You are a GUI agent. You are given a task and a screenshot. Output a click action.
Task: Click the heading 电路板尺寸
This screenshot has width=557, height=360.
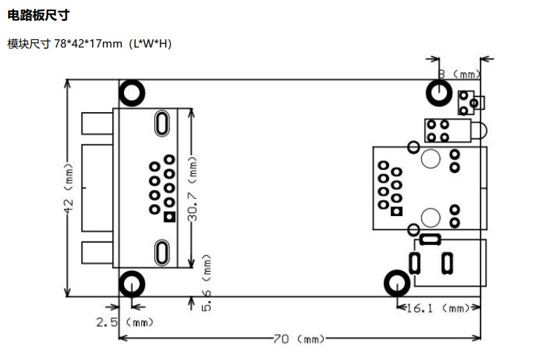pyautogui.click(x=39, y=16)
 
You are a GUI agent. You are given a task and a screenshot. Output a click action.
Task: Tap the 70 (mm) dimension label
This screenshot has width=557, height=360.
pyautogui.click(x=299, y=339)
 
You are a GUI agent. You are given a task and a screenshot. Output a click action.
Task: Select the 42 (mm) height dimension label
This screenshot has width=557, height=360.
pyautogui.click(x=68, y=188)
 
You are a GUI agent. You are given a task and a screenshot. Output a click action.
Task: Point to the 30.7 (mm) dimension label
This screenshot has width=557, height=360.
pyautogui.click(x=192, y=189)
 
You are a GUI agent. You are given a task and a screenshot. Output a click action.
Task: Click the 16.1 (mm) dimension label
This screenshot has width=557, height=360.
pyautogui.click(x=437, y=308)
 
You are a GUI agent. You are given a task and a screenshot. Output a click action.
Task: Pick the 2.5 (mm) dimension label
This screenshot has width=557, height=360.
pyautogui.click(x=125, y=322)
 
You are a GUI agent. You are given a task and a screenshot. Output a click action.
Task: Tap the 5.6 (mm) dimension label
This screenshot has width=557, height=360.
pyautogui.click(x=206, y=283)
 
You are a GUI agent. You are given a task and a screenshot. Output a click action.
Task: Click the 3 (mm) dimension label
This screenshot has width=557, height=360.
pyautogui.click(x=459, y=74)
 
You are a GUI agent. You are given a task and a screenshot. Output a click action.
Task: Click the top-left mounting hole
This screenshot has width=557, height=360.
pyautogui.click(x=132, y=93)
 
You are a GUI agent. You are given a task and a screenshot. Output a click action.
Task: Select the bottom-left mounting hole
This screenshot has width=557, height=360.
pyautogui.click(x=132, y=284)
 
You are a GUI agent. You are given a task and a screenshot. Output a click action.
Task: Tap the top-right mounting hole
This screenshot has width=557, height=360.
pyautogui.click(x=439, y=93)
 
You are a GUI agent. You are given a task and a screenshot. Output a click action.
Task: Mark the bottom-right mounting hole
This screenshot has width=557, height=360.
pyautogui.click(x=397, y=284)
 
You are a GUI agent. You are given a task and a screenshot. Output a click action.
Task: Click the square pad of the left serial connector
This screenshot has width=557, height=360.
pyautogui.click(x=169, y=217)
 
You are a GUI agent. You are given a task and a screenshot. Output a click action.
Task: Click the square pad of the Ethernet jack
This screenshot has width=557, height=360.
pyautogui.click(x=397, y=212)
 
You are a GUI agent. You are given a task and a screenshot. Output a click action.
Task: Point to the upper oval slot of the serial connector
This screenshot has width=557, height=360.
pyautogui.click(x=162, y=123)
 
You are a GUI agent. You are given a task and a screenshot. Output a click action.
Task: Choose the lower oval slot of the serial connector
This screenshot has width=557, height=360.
pyautogui.click(x=162, y=253)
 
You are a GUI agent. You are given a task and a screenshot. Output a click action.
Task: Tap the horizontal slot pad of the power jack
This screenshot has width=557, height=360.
pyautogui.click(x=430, y=240)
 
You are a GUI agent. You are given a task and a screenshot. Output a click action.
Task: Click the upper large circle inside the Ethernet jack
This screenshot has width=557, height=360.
pyautogui.click(x=431, y=158)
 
